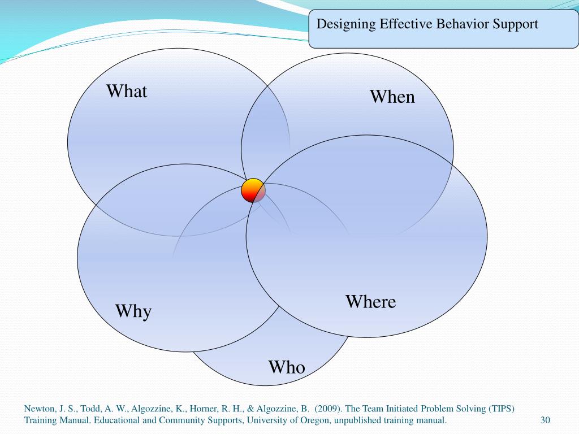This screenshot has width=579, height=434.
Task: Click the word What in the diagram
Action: click(x=127, y=91)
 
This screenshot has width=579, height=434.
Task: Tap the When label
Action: click(x=392, y=97)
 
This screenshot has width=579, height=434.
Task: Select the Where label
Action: click(x=370, y=302)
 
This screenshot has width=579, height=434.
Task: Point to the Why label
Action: click(x=133, y=311)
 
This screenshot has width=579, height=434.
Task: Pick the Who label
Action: click(x=287, y=368)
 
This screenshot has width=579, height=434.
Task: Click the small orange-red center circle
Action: click(x=253, y=190)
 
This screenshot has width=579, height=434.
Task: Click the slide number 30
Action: click(x=545, y=420)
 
